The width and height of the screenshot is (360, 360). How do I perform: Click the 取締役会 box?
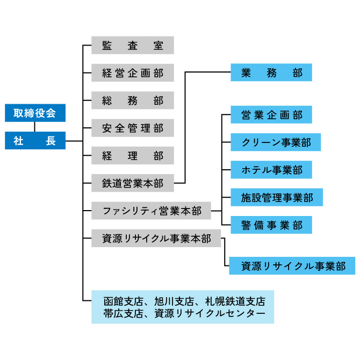pyautogui.click(x=35, y=113)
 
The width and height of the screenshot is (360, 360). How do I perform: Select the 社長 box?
pyautogui.click(x=35, y=141)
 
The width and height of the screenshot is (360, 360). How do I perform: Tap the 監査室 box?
pyautogui.click(x=133, y=45)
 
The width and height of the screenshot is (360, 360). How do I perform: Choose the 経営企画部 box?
pyautogui.click(x=133, y=73)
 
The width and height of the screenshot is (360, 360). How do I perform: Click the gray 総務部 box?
pyautogui.click(x=133, y=100)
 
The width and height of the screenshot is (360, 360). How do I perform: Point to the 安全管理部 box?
pyautogui.click(x=133, y=128)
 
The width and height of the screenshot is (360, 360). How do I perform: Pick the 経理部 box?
pyautogui.click(x=133, y=156)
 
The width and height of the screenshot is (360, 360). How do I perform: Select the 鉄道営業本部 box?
pyautogui.click(x=133, y=183)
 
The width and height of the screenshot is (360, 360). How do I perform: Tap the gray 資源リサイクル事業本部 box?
pyautogui.click(x=156, y=239)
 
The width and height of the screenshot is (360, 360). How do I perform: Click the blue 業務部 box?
pyautogui.click(x=271, y=73)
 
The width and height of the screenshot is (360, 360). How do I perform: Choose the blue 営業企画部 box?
pyautogui.click(x=271, y=114)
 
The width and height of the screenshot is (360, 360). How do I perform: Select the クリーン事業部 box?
pyautogui.click(x=276, y=142)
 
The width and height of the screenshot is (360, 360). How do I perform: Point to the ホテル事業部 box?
pyautogui.click(x=271, y=170)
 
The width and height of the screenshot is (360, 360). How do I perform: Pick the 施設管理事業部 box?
pyautogui.click(x=277, y=197)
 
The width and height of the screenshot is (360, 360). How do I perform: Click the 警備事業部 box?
pyautogui.click(x=271, y=225)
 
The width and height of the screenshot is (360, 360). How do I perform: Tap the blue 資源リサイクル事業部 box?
pyautogui.click(x=292, y=265)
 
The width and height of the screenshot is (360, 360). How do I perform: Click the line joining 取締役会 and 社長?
pyautogui.click(x=35, y=127)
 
